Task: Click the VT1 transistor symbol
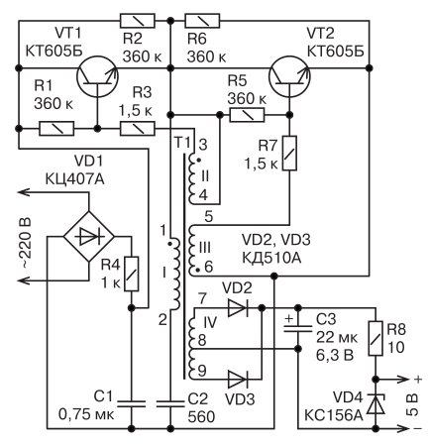(97, 76)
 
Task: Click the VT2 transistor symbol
(289, 76)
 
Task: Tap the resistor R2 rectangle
(137, 21)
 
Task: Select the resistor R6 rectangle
(202, 21)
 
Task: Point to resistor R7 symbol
(289, 153)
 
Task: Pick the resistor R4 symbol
(132, 274)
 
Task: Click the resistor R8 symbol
(375, 338)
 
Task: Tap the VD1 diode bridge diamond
(88, 237)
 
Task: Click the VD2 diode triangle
(238, 308)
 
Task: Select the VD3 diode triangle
(238, 379)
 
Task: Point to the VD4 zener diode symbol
(375, 403)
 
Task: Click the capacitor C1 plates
(132, 403)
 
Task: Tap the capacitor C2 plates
(170, 403)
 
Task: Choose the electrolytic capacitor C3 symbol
(298, 327)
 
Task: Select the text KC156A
(333, 415)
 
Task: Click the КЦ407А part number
(74, 179)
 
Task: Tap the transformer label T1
(182, 143)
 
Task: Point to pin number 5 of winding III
(209, 217)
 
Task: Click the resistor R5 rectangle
(247, 115)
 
